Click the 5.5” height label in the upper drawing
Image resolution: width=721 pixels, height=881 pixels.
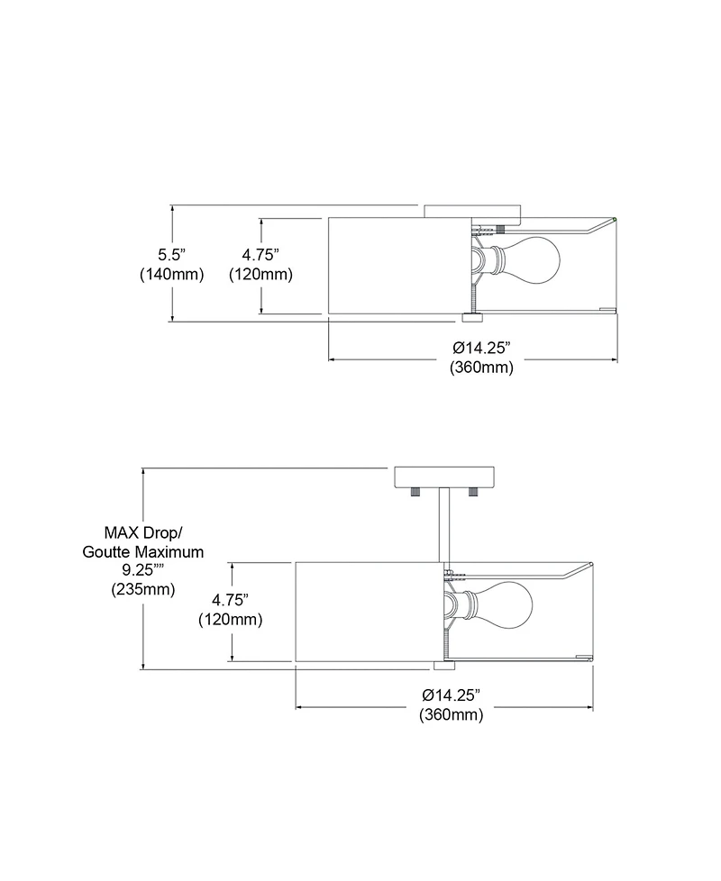pyautogui.click(x=171, y=255)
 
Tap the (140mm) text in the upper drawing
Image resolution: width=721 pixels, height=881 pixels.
pyautogui.click(x=171, y=275)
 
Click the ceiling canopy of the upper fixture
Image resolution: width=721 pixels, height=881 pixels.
pyautogui.click(x=473, y=213)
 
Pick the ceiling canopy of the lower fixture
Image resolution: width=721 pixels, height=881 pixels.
pyautogui.click(x=444, y=477)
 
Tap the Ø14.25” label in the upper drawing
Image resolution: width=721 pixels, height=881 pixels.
pyautogui.click(x=481, y=348)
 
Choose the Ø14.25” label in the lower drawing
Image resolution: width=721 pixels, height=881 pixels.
pyautogui.click(x=452, y=695)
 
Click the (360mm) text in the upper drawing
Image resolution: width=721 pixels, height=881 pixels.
pyautogui.click(x=481, y=368)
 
